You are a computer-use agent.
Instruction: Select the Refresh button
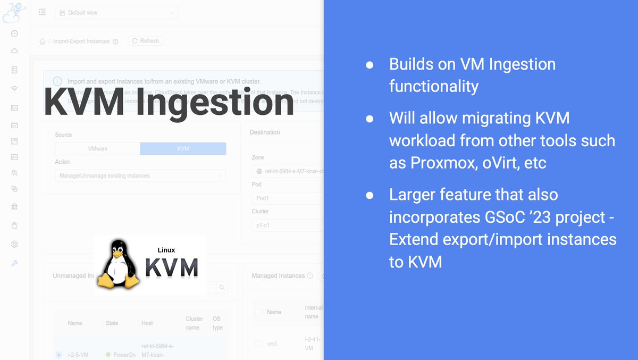(x=145, y=41)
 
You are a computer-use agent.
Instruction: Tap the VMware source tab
(x=97, y=149)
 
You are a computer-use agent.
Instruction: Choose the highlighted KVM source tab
(x=183, y=149)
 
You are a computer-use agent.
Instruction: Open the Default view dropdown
(x=116, y=13)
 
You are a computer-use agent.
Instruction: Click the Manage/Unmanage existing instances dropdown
(x=140, y=175)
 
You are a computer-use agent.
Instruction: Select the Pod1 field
(x=287, y=198)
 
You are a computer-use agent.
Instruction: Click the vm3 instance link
(x=272, y=344)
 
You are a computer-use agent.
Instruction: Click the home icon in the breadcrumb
(x=43, y=41)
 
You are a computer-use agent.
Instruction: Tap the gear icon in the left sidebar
(x=14, y=244)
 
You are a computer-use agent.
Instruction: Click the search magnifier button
(x=222, y=288)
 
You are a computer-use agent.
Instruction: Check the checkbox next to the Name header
(x=258, y=312)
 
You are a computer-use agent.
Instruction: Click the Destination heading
(x=264, y=132)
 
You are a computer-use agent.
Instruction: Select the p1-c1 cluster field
(x=287, y=225)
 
